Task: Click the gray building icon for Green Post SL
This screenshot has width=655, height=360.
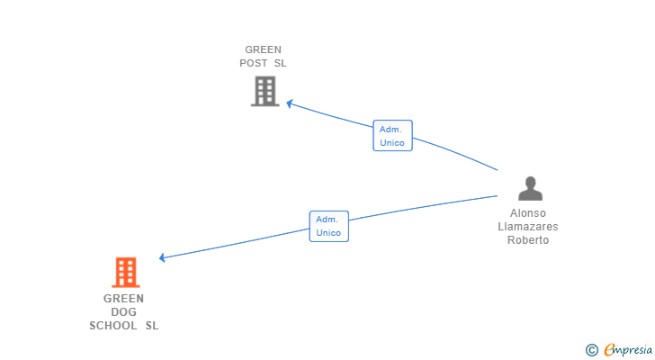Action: click(265, 91)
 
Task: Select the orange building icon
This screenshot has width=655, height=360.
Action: click(126, 273)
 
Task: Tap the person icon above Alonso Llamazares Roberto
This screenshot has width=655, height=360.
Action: click(530, 188)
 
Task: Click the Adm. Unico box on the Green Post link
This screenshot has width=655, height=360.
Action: click(392, 135)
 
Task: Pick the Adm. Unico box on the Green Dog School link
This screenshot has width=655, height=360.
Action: click(328, 226)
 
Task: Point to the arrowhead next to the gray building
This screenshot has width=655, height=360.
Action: click(290, 103)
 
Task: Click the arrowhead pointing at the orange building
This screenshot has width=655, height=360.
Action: click(163, 257)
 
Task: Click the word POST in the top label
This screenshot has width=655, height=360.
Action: click(254, 63)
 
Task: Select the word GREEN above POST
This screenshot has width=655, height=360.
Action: click(263, 49)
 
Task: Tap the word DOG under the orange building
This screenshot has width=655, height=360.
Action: click(123, 312)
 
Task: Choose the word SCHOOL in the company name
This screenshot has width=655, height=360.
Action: click(113, 325)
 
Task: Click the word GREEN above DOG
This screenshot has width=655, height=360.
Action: click(123, 299)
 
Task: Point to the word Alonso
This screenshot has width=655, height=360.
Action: click(528, 213)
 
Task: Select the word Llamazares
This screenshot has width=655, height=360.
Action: click(528, 227)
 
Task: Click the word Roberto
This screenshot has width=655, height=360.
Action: click(528, 240)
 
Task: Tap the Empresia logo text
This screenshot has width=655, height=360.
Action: click(628, 350)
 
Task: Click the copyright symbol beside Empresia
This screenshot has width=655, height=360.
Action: click(591, 350)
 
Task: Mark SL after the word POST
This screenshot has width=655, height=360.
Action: click(281, 63)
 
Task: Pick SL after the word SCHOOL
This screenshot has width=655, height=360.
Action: click(152, 325)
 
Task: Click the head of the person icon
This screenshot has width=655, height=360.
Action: click(531, 183)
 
